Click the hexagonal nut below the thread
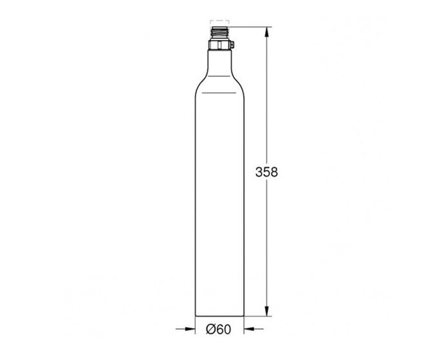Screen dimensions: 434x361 pyautogui.click(x=220, y=45)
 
